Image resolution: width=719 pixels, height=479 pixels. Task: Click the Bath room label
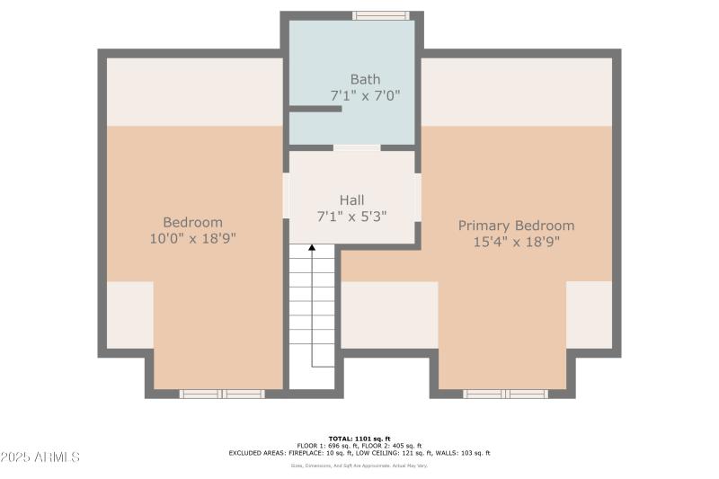pyautogui.click(x=365, y=79)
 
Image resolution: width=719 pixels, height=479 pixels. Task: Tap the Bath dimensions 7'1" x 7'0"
pyautogui.click(x=365, y=94)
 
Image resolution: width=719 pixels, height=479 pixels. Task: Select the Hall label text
pyautogui.click(x=351, y=200)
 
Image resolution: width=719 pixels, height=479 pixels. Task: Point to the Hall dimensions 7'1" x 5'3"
pyautogui.click(x=351, y=216)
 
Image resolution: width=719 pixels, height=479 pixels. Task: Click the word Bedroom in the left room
pyautogui.click(x=192, y=222)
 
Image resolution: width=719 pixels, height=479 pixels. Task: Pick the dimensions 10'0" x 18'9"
pyautogui.click(x=192, y=238)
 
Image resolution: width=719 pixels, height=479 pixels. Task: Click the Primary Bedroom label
pyautogui.click(x=516, y=226)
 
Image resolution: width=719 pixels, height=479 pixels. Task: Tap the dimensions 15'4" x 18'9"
pyautogui.click(x=516, y=242)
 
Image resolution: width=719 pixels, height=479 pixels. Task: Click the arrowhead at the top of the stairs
pyautogui.click(x=312, y=247)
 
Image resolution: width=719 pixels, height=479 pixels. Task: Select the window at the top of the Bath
pyautogui.click(x=380, y=15)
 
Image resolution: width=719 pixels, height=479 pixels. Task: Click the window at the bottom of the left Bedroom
pyautogui.click(x=221, y=394)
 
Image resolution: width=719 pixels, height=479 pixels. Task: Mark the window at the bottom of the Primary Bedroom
pyautogui.click(x=505, y=394)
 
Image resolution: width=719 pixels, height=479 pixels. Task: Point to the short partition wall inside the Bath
pyautogui.click(x=315, y=109)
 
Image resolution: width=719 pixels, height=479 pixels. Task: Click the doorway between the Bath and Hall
pyautogui.click(x=357, y=147)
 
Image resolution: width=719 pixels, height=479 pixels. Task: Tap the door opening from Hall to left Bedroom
pyautogui.click(x=286, y=196)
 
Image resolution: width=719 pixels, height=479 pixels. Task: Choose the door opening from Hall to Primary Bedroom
pyautogui.click(x=418, y=196)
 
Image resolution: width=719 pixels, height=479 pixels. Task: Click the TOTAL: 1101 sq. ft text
pyautogui.click(x=359, y=438)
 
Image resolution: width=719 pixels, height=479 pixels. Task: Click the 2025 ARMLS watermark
pyautogui.click(x=40, y=457)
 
